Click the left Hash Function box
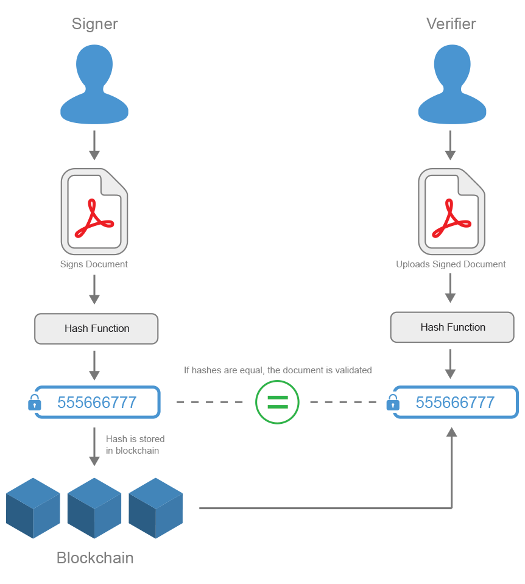pyautogui.click(x=96, y=329)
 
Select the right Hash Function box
pyautogui.click(x=452, y=328)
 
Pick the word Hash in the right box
pyautogui.click(x=431, y=328)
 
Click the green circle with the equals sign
pyautogui.click(x=277, y=402)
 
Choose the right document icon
pyautogui.click(x=451, y=212)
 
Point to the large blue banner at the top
pyautogui.click(x=292, y=85)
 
